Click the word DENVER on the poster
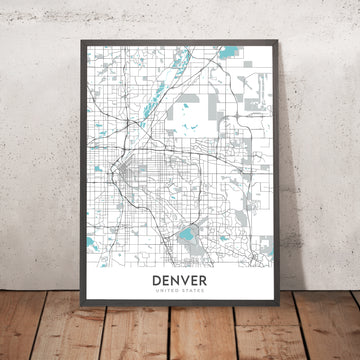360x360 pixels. [181, 281]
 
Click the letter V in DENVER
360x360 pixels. [186, 281]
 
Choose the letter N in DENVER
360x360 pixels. [177, 281]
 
